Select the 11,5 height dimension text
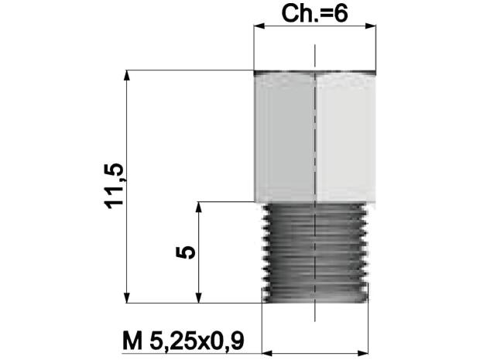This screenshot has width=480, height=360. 117,186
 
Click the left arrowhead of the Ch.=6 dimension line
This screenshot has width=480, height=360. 259,27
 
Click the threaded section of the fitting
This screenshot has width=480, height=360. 315,252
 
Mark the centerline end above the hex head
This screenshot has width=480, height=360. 315,48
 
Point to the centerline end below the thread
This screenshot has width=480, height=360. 315,319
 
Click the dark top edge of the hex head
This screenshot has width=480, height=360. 315,73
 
